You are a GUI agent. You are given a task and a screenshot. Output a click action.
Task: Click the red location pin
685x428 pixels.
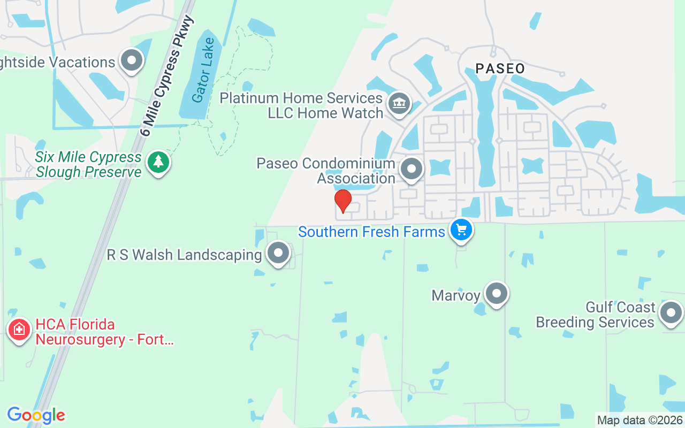tap(342, 201)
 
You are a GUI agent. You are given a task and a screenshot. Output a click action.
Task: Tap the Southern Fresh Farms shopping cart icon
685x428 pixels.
tap(461, 231)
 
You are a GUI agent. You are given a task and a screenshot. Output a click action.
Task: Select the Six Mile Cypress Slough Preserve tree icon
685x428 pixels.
tap(158, 162)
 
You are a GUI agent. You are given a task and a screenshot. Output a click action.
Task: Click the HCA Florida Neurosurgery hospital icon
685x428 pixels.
tap(19, 330)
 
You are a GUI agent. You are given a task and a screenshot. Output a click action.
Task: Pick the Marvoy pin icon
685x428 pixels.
tap(496, 294)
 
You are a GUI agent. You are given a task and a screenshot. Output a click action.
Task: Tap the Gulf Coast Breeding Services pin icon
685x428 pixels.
tap(671, 313)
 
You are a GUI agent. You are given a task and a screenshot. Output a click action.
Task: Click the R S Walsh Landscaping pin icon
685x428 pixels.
tap(278, 253)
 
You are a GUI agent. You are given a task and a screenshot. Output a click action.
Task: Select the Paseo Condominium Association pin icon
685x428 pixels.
tap(412, 169)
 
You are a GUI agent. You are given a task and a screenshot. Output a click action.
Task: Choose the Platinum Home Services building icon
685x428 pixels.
tap(398, 102)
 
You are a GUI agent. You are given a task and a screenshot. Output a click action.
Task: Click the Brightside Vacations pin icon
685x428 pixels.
tap(132, 61)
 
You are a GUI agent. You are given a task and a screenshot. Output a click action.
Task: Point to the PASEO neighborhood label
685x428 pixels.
tap(500, 68)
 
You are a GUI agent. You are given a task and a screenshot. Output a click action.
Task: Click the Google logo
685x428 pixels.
tap(36, 415)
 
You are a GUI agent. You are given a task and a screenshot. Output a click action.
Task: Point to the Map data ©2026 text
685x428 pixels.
tap(640, 420)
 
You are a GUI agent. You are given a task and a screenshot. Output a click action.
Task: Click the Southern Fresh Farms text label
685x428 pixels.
tap(371, 232)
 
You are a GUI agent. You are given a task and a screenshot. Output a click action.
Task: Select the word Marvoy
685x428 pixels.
tap(455, 295)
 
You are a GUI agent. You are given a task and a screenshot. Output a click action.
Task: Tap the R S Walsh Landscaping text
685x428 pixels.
tap(185, 255)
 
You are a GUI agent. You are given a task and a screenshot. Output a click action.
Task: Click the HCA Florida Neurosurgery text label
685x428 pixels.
tap(105, 332)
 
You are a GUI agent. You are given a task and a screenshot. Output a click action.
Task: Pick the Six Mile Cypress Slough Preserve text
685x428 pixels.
tap(88, 164)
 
